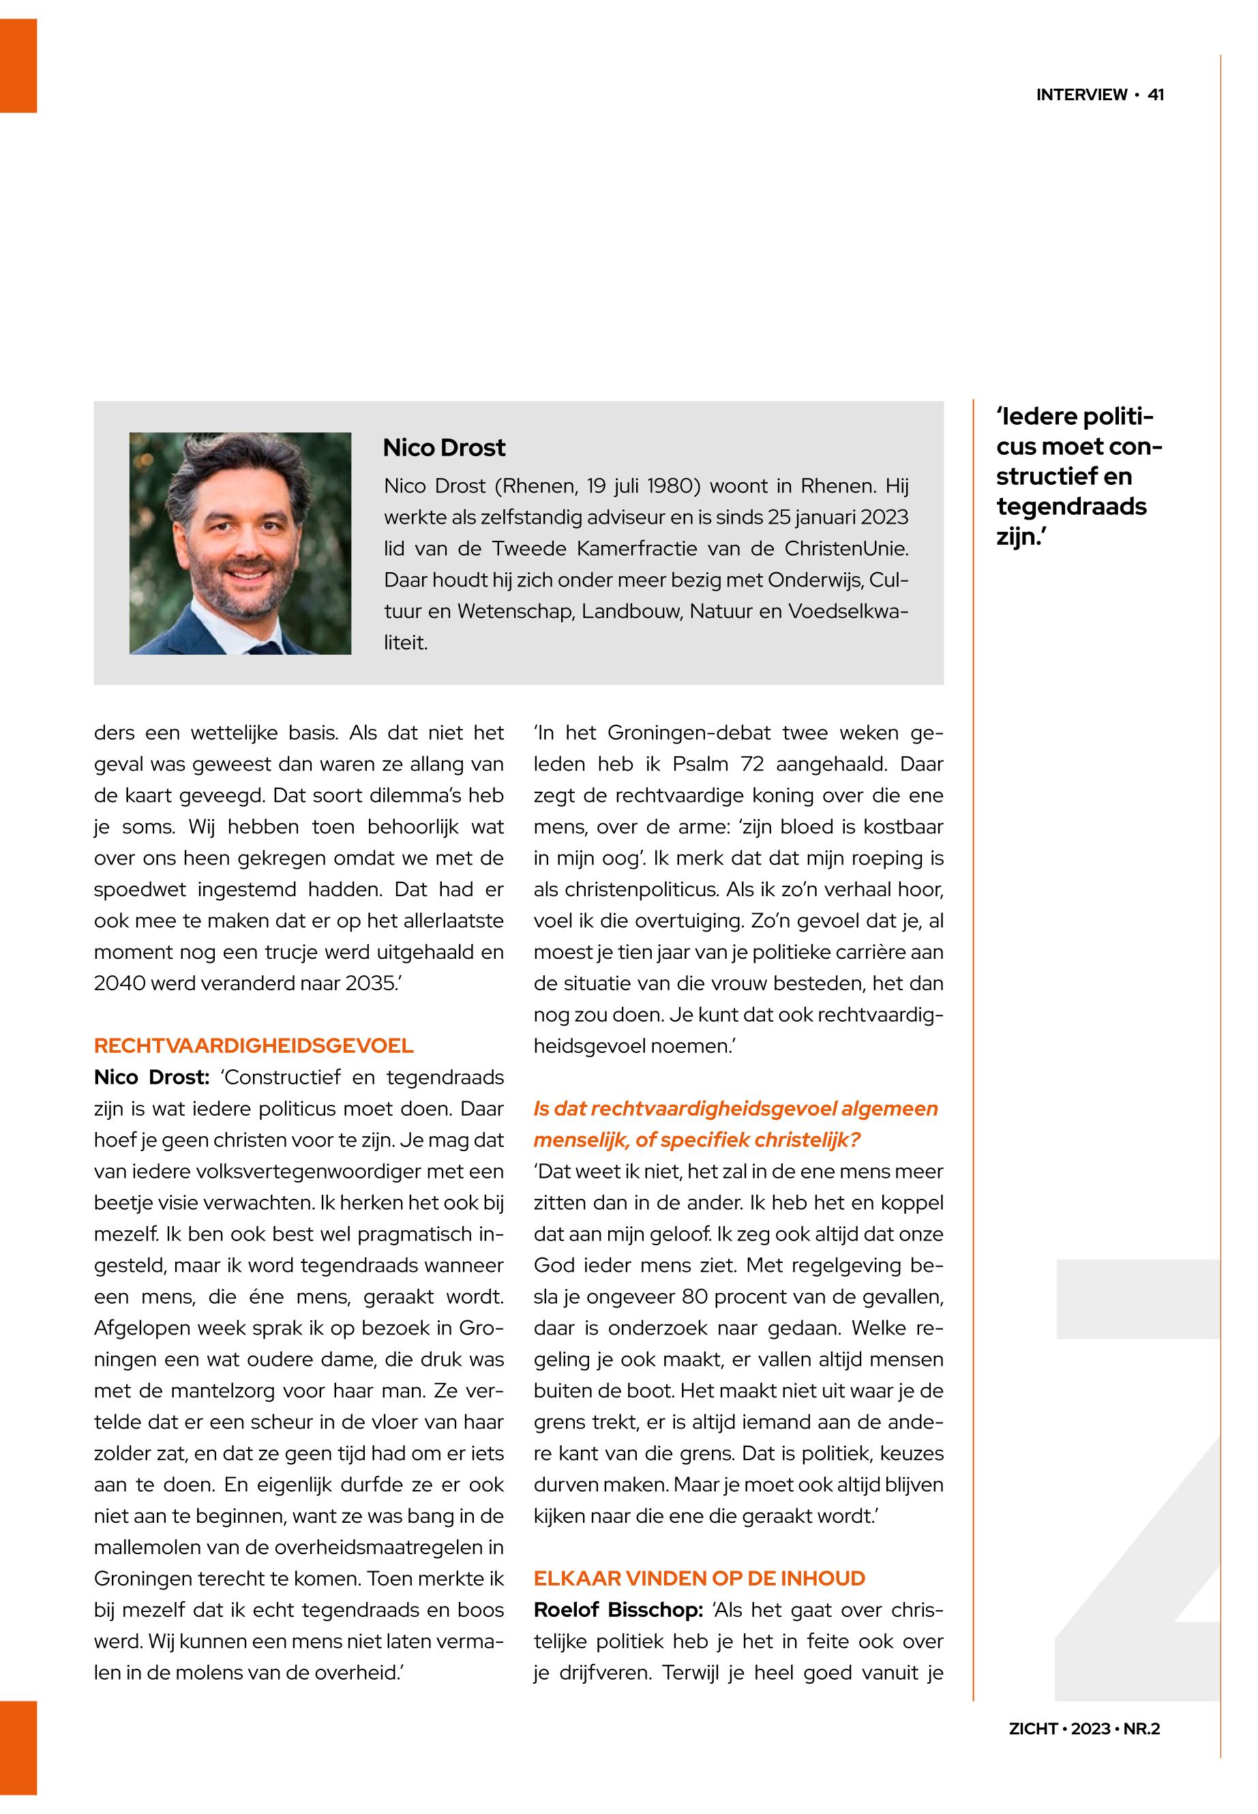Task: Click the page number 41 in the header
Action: [x=1156, y=95]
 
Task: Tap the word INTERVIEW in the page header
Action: [x=1081, y=95]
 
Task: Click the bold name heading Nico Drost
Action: [x=444, y=448]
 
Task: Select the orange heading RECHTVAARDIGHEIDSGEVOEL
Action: [x=253, y=1045]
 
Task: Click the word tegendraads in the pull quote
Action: [x=1071, y=506]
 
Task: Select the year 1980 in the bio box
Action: [x=668, y=486]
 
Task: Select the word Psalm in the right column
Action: [x=699, y=764]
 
